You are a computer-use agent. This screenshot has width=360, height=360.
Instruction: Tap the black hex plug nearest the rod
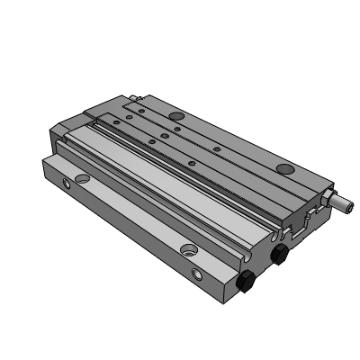click(x=280, y=253)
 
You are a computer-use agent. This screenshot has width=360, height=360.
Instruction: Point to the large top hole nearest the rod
click(x=284, y=169)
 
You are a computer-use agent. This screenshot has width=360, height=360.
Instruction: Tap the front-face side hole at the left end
click(x=65, y=184)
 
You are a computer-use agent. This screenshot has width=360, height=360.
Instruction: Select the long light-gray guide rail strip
click(x=162, y=180)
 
